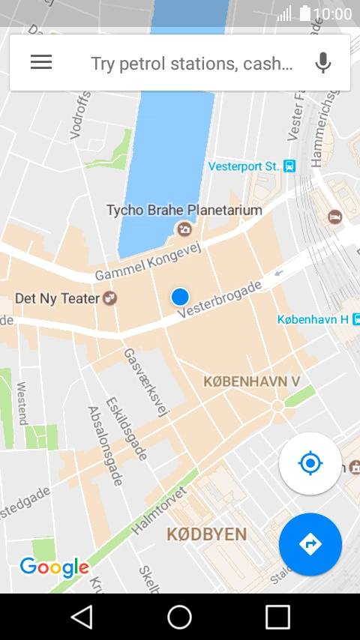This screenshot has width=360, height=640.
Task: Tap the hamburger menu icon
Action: [41, 63]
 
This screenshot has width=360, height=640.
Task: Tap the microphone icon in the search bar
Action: [323, 63]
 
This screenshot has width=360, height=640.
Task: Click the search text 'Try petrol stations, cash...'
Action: [191, 64]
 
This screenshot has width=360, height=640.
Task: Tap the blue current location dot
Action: [179, 297]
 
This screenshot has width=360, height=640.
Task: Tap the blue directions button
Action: [310, 544]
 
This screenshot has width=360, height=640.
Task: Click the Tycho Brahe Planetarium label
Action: [184, 210]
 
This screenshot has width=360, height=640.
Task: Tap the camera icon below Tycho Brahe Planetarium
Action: [182, 229]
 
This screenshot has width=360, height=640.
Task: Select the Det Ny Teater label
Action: [57, 299]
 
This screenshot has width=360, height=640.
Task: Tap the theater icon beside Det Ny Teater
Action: [110, 299]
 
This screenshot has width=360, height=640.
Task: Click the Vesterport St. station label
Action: [244, 166]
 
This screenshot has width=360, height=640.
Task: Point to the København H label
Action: [313, 319]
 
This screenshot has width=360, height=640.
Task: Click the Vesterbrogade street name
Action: [220, 302]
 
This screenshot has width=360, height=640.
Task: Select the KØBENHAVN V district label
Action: [252, 381]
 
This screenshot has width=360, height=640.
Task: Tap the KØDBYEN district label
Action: [206, 534]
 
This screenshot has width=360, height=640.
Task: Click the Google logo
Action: [54, 567]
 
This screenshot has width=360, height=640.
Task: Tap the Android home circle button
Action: [179, 617]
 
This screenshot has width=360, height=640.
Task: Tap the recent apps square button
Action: [277, 617]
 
